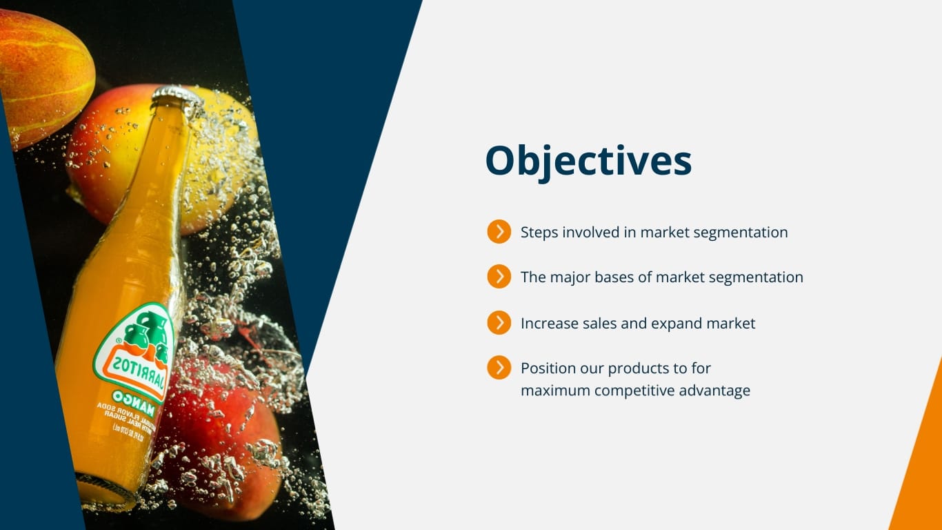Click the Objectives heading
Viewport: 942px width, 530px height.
click(588, 161)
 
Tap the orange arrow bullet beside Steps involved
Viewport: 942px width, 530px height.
click(499, 232)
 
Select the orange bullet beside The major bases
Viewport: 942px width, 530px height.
click(499, 277)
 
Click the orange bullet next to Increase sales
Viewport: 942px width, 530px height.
click(499, 322)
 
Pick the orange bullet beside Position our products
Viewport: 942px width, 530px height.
click(499, 368)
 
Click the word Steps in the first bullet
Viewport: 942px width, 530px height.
click(539, 233)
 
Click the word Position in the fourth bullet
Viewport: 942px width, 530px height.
click(549, 369)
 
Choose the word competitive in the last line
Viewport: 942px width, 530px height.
click(634, 391)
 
